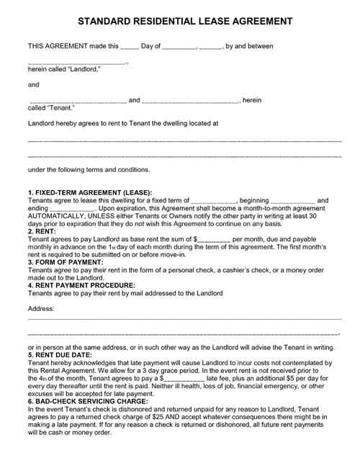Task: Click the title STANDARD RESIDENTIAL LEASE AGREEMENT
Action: tap(180, 22)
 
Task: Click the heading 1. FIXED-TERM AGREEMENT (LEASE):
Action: tap(90, 193)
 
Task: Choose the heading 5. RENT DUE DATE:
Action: tap(61, 355)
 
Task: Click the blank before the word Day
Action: tap(130, 47)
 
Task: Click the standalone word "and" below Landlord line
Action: tap(33, 85)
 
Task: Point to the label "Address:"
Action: tap(42, 308)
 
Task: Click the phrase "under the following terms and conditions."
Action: tap(89, 170)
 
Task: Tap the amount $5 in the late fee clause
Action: tap(285, 377)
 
